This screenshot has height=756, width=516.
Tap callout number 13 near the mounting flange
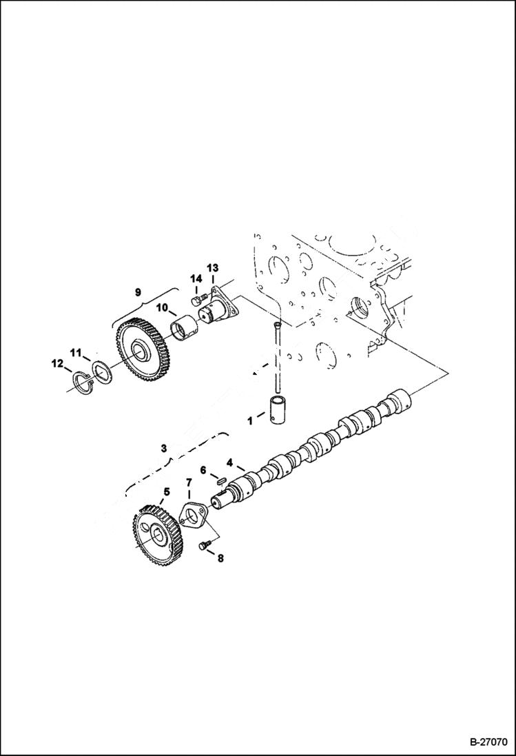[x=212, y=267]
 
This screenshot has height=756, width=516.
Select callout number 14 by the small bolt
[x=197, y=278]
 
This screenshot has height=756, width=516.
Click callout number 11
[x=76, y=353]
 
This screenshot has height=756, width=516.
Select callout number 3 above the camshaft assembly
[x=163, y=448]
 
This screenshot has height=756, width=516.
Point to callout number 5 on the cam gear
[x=165, y=492]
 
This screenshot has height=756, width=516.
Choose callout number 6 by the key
[x=203, y=469]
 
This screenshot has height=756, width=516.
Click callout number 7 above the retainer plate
[x=188, y=485]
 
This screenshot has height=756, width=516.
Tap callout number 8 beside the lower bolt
[x=220, y=559]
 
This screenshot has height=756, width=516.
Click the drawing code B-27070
[x=488, y=742]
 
